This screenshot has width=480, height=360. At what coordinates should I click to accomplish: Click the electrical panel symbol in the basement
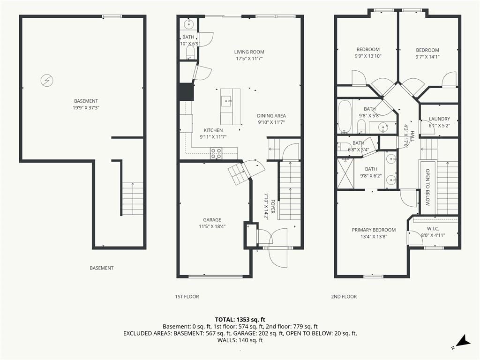47,81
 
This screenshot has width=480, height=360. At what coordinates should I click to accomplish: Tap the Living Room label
249,52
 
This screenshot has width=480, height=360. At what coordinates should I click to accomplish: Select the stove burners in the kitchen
216,153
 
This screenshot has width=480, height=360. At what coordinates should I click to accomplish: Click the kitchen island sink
226,101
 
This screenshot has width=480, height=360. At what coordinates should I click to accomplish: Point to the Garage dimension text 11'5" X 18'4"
212,226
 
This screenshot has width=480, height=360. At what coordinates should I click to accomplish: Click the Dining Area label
271,116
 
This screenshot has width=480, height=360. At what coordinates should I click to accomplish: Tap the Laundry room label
439,119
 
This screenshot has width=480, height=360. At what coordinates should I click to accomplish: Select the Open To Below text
427,187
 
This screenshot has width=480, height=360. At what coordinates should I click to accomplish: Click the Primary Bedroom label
374,230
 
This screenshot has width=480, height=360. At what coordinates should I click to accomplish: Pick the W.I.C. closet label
433,229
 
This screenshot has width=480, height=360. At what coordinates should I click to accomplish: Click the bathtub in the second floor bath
345,117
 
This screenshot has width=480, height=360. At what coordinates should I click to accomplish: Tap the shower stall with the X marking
345,173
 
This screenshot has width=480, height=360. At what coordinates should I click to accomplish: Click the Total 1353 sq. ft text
240,320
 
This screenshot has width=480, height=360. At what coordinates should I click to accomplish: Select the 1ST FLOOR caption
187,297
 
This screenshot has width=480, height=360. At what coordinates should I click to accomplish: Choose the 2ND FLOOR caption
344,297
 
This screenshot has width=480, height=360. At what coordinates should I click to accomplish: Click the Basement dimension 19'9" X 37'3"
86,108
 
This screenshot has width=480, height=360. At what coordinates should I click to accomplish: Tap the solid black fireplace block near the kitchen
186,92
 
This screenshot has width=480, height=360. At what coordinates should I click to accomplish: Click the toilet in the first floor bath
190,52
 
